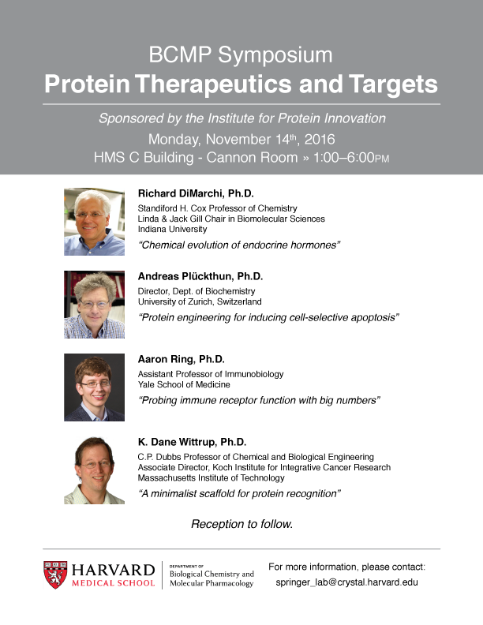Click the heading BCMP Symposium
[241, 55]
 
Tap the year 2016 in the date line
[320, 139]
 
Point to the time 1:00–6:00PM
[351, 158]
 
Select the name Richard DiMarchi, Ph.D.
[196, 193]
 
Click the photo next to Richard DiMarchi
[95, 222]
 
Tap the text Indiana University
[172, 229]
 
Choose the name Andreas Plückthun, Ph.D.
[200, 276]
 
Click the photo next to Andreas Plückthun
[95, 305]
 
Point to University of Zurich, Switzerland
[200, 301]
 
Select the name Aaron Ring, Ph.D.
[182, 359]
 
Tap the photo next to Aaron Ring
[95, 387]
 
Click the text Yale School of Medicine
[184, 384]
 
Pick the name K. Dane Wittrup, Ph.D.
[192, 442]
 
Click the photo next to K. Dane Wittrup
[95, 470]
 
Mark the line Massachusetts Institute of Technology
[212, 478]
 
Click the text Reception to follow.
[242, 524]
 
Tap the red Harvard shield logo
[55, 574]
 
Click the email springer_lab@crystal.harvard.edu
[346, 582]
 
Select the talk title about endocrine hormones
[239, 245]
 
